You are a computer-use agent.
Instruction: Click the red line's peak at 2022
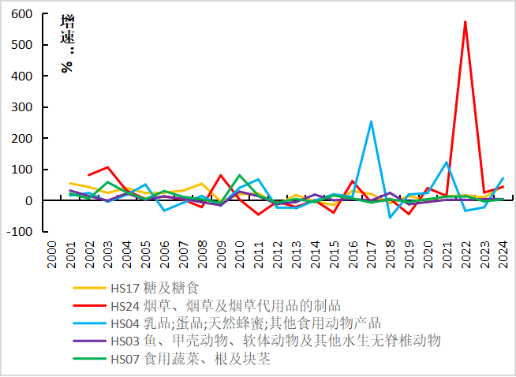pos(466,22)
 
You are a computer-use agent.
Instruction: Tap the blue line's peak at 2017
pos(371,121)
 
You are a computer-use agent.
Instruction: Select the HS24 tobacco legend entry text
pos(225,305)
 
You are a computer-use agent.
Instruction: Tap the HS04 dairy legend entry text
pos(245,323)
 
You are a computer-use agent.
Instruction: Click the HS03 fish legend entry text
pos(275,340)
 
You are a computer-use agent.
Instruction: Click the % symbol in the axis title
pos(67,66)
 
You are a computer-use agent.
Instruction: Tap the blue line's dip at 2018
pos(390,217)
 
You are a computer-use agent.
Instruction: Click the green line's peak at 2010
pos(239,175)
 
